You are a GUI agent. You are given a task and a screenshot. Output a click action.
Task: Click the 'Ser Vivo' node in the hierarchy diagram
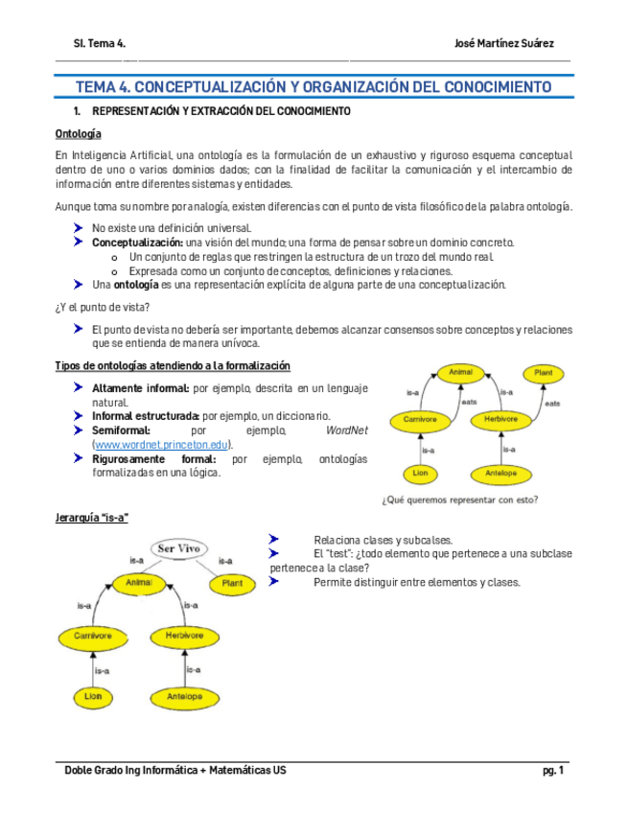[177, 548]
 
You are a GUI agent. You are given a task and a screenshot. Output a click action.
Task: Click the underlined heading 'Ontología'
[78, 134]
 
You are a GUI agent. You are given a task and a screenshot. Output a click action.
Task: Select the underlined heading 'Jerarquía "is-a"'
[92, 518]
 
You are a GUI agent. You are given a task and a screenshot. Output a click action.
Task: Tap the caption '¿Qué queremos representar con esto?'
[459, 499]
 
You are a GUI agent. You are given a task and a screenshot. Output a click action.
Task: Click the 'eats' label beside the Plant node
[552, 404]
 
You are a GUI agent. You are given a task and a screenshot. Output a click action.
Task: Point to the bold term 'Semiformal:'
[120, 430]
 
